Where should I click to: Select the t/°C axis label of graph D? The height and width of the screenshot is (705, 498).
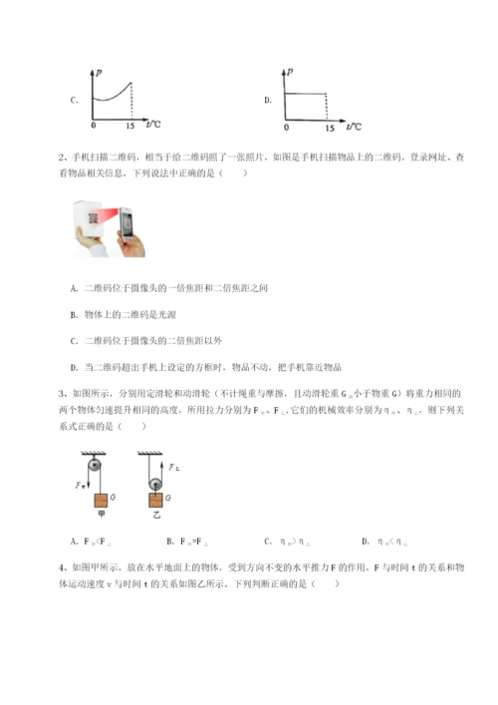click(353, 126)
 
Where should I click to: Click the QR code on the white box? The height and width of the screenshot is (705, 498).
click(96, 221)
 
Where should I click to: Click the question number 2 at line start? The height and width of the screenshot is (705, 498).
click(63, 157)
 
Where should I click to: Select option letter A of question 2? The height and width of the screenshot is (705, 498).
click(75, 287)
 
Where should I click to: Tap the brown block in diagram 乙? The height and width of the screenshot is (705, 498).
click(156, 508)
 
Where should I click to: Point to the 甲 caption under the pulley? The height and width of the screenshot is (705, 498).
click(101, 524)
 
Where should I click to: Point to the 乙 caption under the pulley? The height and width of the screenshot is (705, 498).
click(155, 524)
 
